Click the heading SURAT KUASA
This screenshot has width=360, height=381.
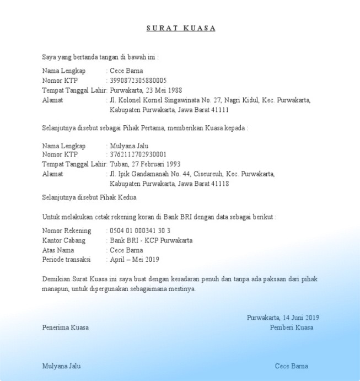[x=181, y=28]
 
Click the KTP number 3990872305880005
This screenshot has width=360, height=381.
[x=138, y=81]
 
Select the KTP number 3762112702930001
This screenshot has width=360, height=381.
[x=138, y=155]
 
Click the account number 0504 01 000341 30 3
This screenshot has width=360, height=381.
[x=140, y=230]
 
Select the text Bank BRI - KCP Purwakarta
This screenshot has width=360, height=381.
[x=151, y=240]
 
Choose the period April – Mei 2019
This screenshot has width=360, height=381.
[x=134, y=260]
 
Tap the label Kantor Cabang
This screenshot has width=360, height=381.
[x=63, y=240]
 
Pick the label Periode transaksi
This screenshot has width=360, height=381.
[x=66, y=260]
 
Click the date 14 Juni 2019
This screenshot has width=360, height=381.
[x=301, y=318]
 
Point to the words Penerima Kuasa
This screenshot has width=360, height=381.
[x=65, y=328]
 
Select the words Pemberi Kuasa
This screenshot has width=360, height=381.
[x=292, y=328]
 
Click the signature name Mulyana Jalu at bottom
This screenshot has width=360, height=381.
[x=61, y=366]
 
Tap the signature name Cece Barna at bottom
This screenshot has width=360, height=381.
[x=292, y=366]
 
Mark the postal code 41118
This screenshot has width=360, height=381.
[x=220, y=184]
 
